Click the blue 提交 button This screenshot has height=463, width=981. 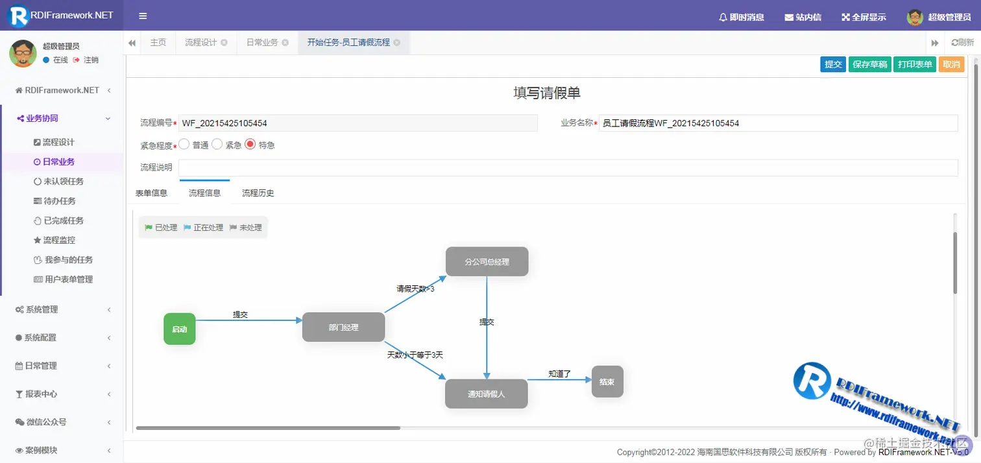(x=833, y=65)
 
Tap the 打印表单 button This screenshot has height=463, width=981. (x=914, y=65)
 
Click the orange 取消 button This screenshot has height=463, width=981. (x=951, y=65)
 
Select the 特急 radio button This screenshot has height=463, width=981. (x=250, y=145)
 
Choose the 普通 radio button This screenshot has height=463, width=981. (x=184, y=145)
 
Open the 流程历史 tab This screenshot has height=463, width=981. (x=258, y=193)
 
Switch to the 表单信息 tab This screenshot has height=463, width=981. (x=151, y=193)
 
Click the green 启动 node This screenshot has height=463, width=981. (x=180, y=329)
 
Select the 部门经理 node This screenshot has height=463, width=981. (x=343, y=327)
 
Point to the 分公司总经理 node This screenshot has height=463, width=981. (x=487, y=262)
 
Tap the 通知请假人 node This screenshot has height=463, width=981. (x=486, y=394)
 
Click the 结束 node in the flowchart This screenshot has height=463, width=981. (x=607, y=382)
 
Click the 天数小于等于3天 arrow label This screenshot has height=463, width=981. (x=415, y=355)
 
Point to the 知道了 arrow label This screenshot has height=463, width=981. (x=559, y=374)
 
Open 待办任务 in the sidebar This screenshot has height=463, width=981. (x=60, y=201)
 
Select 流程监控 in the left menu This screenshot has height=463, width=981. (x=59, y=240)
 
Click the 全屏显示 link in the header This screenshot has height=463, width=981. (x=864, y=18)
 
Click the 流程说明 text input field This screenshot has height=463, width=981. (x=568, y=168)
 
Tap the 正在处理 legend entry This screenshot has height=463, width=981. (x=203, y=228)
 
